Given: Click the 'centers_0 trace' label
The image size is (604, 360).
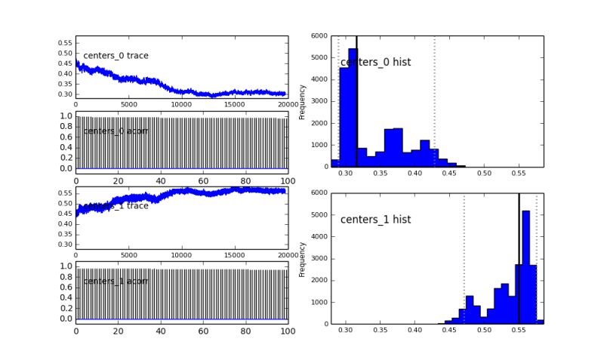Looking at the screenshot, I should click(x=116, y=56).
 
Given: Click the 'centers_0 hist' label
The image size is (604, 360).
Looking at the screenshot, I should click(x=375, y=62).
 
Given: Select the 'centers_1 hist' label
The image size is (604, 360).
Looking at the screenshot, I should click(x=375, y=220).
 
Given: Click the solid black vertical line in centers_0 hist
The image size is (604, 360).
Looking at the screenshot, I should click(x=356, y=101).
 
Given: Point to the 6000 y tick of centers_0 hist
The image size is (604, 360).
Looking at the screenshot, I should click(x=319, y=36).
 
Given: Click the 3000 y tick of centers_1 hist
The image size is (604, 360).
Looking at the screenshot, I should click(x=319, y=258).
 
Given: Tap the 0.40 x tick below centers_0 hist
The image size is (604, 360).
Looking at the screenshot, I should click(x=414, y=174).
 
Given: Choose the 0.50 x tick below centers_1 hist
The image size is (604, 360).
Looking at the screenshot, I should click(x=484, y=331).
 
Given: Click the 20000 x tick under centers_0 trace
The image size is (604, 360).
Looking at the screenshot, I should click(x=287, y=105).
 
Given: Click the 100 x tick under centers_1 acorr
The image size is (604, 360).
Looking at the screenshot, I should click(x=287, y=331).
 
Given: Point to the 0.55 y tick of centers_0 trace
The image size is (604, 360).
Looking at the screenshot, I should click(x=66, y=43).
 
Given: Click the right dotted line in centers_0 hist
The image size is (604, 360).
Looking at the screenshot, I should click(x=435, y=101).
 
